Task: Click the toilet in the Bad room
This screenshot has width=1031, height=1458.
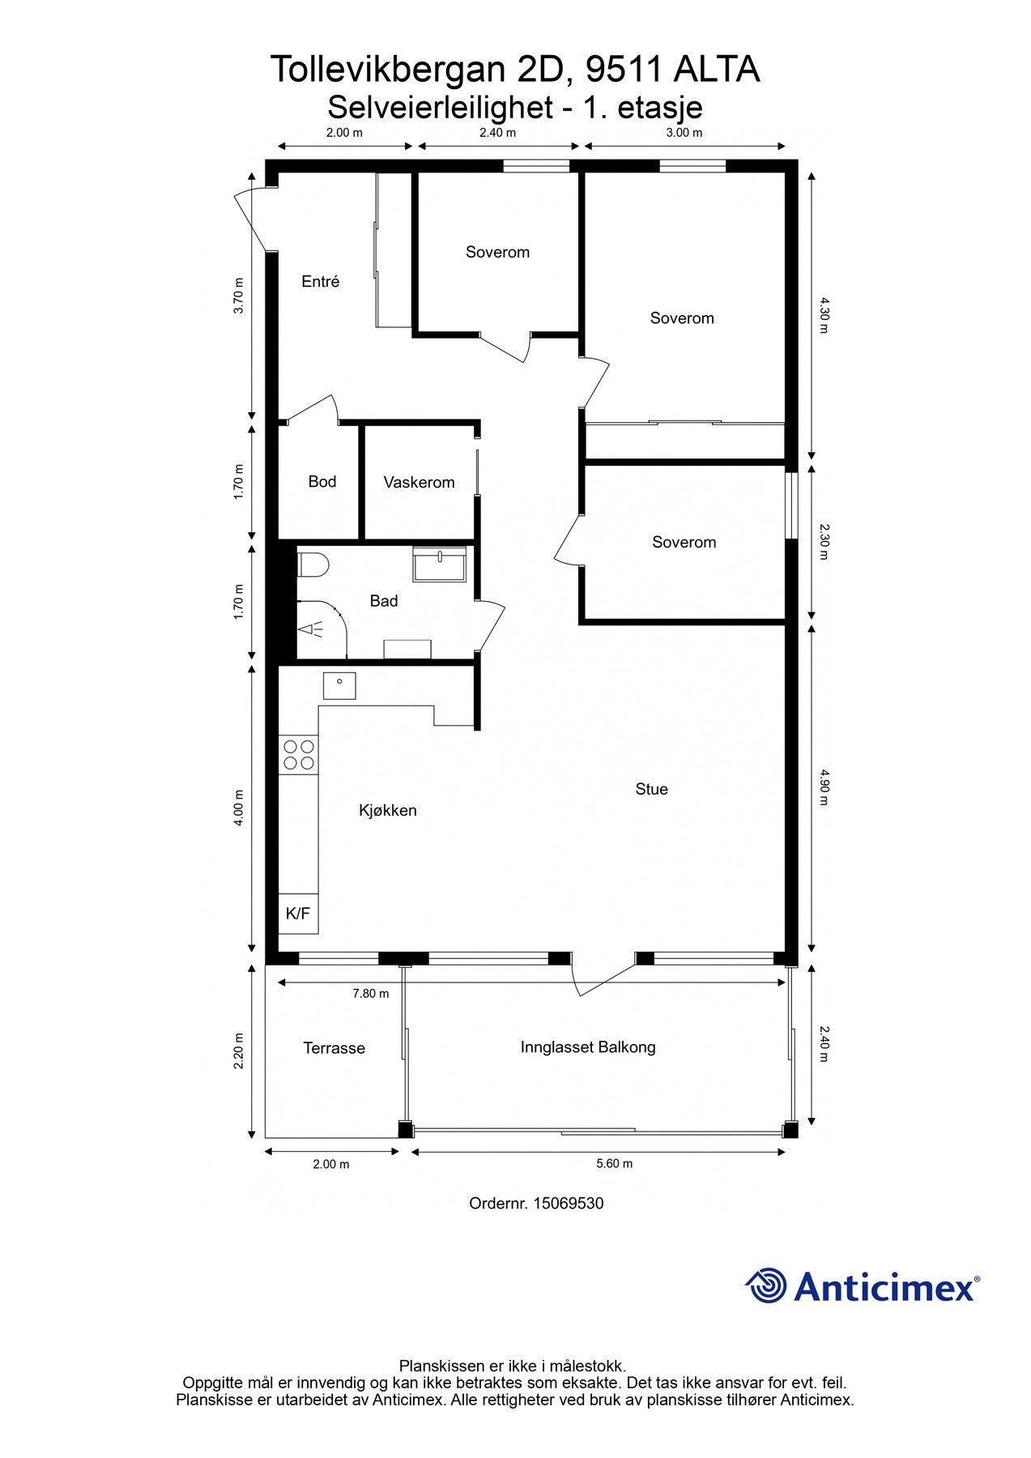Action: [313, 564]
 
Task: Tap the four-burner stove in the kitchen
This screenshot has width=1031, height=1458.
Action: [298, 755]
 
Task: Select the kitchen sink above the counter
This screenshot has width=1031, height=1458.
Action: [339, 685]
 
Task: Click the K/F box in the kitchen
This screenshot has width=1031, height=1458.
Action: [298, 914]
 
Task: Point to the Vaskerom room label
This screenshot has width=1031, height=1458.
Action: [419, 483]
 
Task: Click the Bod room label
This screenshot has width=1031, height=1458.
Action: [322, 482]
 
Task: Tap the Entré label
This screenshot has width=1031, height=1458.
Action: [320, 282]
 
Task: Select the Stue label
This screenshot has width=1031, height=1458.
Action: [651, 789]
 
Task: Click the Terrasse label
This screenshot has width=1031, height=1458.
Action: [334, 1048]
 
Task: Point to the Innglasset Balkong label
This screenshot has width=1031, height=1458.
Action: [588, 1047]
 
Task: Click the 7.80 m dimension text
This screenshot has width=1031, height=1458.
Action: [370, 994]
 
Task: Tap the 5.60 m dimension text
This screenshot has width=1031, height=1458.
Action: [614, 1164]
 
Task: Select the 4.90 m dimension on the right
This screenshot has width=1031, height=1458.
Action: [824, 787]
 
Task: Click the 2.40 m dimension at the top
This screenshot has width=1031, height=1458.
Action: [497, 133]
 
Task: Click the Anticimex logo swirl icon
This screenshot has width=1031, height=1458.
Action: [766, 1285]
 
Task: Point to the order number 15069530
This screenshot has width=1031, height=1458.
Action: [568, 1204]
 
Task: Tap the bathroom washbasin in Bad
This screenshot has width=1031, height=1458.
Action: [439, 564]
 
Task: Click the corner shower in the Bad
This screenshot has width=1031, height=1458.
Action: [320, 629]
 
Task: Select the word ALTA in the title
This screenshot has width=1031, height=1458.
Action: [716, 70]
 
